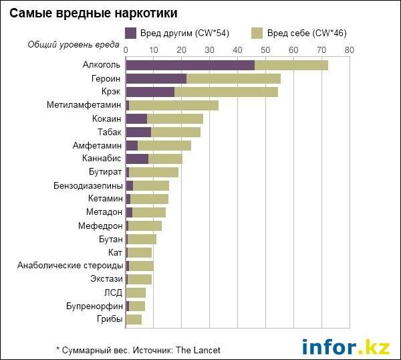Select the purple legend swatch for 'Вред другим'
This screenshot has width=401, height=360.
[131, 33]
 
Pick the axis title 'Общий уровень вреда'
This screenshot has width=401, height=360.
[74, 45]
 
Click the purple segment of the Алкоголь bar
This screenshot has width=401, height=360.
[190, 65]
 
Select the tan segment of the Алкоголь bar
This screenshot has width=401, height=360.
[291, 65]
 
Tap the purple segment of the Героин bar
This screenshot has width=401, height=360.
[156, 78]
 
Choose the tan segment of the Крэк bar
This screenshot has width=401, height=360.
[226, 92]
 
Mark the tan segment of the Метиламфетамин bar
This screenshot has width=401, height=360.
[174, 105]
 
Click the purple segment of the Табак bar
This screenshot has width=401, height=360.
[138, 132]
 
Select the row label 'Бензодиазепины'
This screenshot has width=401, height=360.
[88, 185]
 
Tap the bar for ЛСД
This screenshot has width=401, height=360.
[136, 292]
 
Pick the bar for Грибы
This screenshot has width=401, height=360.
[134, 319]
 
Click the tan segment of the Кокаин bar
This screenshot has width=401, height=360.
[175, 118]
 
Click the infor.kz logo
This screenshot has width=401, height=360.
[346, 347]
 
